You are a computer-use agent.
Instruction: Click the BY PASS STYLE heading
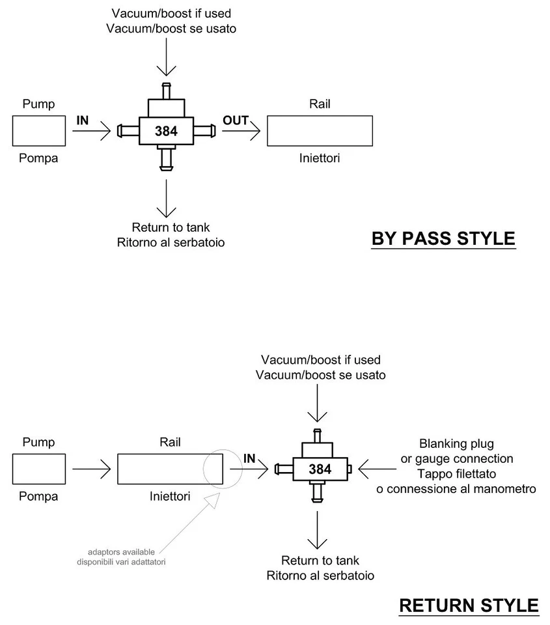pos(443,238)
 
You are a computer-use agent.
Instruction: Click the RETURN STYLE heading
pos(469,605)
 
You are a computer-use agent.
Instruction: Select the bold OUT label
pos(235,120)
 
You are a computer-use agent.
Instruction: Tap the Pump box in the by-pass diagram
pos(39,131)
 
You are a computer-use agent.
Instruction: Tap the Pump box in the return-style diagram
pos(39,469)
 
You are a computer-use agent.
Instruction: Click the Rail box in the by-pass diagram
pos(320,131)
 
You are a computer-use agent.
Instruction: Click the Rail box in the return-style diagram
pos(170,469)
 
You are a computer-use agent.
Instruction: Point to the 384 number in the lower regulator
pos(320,469)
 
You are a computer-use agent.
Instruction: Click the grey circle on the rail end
pos(223,469)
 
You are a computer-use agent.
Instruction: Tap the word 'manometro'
pos(502,489)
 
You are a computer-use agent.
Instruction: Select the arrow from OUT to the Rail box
pos(241,132)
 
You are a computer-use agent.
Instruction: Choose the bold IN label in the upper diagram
pos(83,120)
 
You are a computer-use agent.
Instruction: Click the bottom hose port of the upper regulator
pos(166,159)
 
